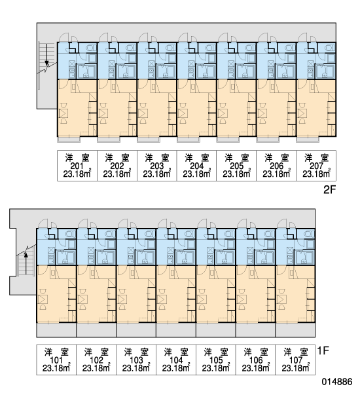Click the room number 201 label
coord(77,166)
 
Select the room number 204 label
coord(196,166)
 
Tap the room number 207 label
coord(316,166)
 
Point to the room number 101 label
coord(56,360)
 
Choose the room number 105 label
coord(216,360)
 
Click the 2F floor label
coord(329,190)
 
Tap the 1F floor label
coord(323,350)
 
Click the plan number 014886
coord(337,382)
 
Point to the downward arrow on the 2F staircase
coord(47,56)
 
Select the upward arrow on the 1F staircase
coord(26,263)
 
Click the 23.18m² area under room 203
coord(157,173)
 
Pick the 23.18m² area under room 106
coord(256,367)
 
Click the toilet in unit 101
coord(71,234)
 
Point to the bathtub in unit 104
coord(185,257)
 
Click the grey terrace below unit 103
coord(136,330)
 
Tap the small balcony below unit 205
coord(228,140)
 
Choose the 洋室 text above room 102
coord(96,352)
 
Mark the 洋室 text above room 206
coord(276,158)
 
